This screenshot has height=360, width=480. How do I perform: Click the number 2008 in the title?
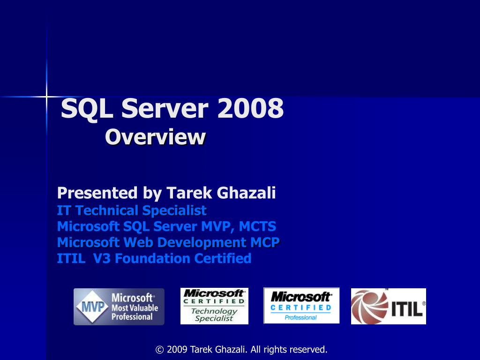tap(250, 108)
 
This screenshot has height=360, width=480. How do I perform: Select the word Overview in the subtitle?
tap(155, 137)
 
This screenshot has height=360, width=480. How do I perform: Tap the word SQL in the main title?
tap(87, 109)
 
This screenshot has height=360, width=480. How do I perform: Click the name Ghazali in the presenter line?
tap(246, 193)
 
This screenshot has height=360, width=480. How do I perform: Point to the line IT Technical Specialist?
tap(132, 210)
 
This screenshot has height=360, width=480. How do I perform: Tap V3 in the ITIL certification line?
tap(101, 258)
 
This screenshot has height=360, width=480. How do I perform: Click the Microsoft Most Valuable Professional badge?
tap(119, 307)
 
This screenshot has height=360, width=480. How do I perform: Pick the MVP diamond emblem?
tap(92, 307)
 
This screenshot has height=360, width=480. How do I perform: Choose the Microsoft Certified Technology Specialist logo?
tap(214, 306)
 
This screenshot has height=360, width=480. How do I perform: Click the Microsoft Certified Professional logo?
tap(301, 306)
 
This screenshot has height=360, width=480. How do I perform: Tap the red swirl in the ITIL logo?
tap(369, 307)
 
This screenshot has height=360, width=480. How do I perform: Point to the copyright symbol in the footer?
tap(159, 350)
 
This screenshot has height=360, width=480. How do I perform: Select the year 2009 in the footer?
tap(177, 349)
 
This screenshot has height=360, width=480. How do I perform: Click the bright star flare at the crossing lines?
tap(46, 97)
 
